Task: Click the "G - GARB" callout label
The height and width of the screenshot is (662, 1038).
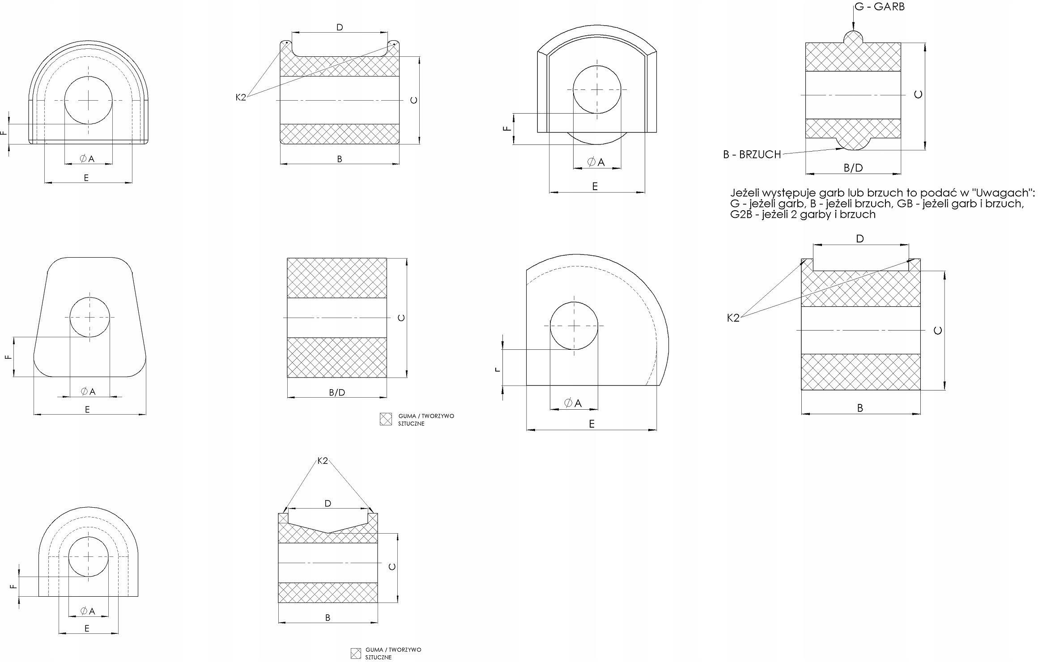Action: tap(880, 7)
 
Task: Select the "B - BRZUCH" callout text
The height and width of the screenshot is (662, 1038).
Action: tap(752, 154)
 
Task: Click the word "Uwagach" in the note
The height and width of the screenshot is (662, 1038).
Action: tap(1005, 193)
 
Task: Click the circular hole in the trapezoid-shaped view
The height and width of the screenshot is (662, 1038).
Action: tap(89, 317)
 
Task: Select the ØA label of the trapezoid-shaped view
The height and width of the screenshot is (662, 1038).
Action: tap(89, 391)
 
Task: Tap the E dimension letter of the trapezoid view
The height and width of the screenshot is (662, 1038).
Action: tap(87, 409)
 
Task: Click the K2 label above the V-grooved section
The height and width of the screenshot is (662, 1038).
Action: tap(323, 461)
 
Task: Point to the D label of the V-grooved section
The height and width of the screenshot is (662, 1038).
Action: tap(328, 503)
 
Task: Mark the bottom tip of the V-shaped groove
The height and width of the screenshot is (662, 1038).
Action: tap(328, 533)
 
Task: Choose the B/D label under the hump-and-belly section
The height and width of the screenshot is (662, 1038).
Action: tap(853, 168)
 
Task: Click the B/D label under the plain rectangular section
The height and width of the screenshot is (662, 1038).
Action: tap(337, 392)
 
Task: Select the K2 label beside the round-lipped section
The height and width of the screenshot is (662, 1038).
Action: tap(241, 97)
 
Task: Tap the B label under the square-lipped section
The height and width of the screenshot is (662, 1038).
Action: tap(859, 408)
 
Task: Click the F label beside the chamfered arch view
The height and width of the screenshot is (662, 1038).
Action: tap(507, 128)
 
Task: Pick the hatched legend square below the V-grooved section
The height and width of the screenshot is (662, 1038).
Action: tap(356, 654)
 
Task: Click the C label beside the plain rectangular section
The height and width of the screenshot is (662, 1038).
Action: tap(401, 318)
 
